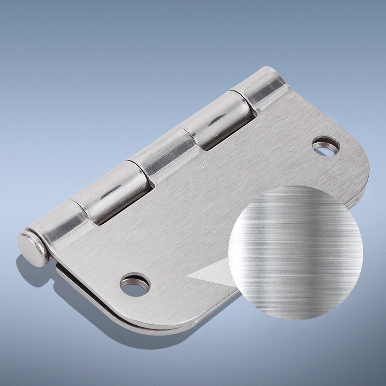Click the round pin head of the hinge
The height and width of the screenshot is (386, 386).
pyautogui.click(x=32, y=248)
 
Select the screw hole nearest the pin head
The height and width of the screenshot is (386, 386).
pyautogui.click(x=135, y=285)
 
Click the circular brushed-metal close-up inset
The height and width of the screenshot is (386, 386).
pyautogui.click(x=296, y=253)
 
